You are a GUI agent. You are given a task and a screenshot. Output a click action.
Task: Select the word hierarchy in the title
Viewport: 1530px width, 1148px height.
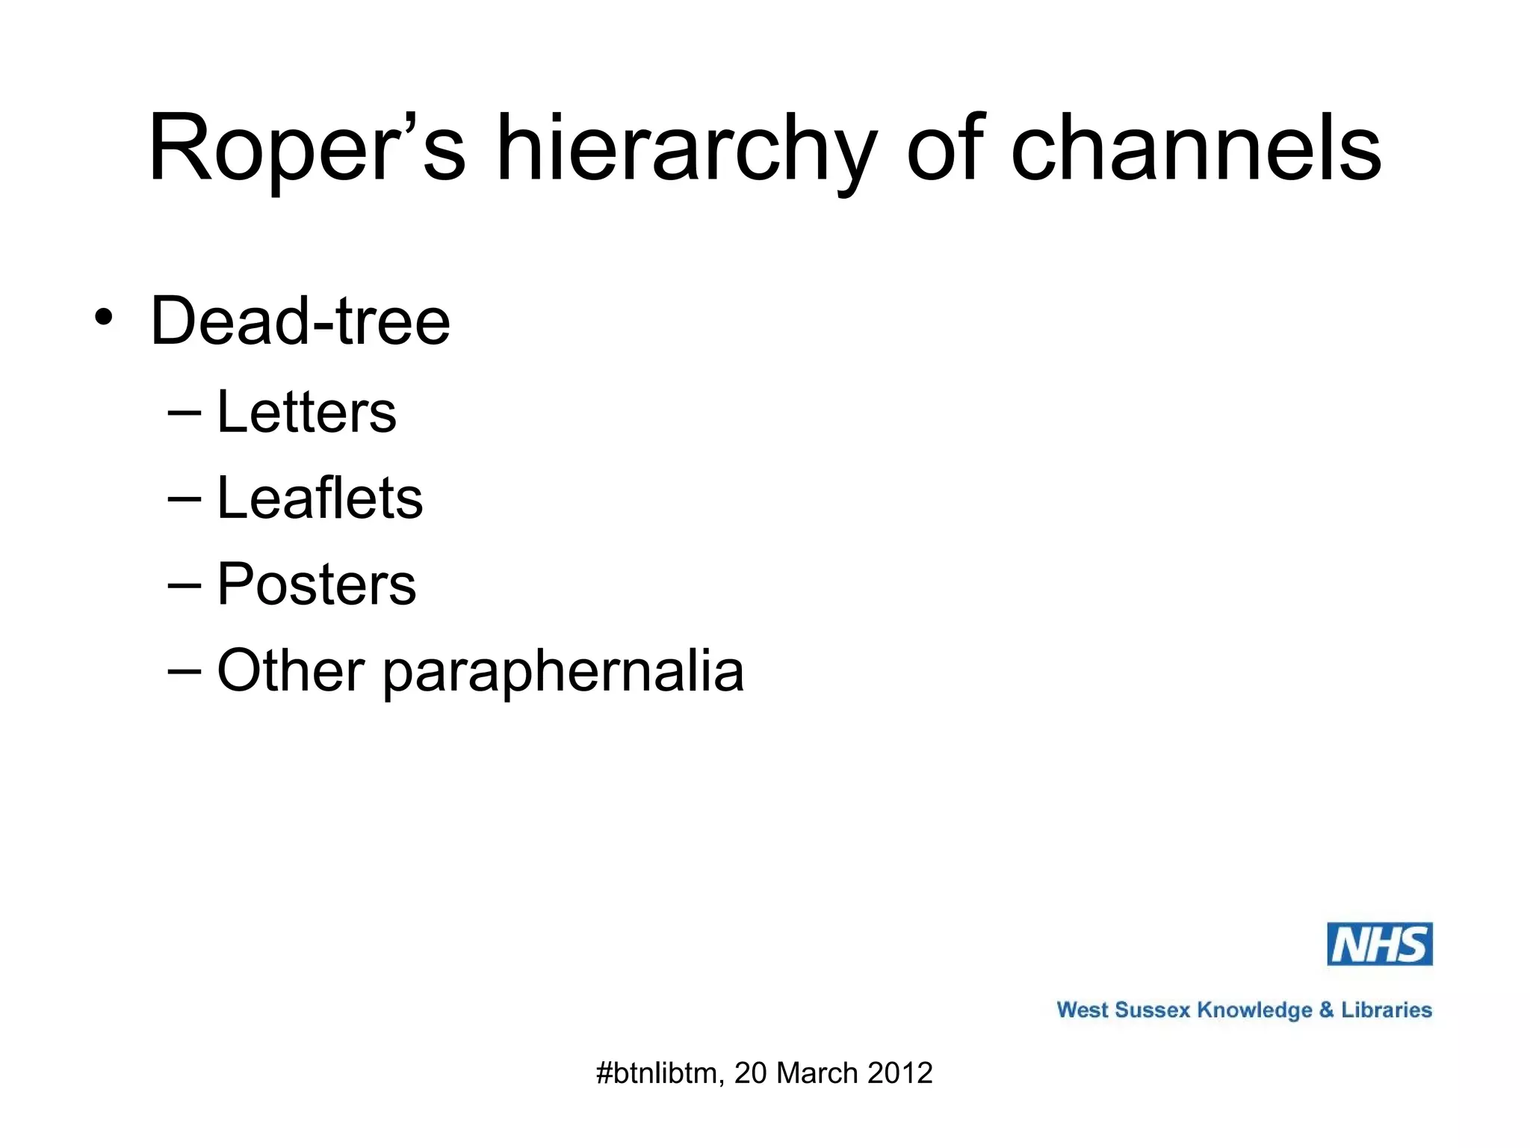pos(685,149)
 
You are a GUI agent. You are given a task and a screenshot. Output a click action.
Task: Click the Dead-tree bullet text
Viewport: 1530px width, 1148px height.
pos(300,321)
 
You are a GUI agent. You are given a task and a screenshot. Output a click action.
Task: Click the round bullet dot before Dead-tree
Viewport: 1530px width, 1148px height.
pos(104,317)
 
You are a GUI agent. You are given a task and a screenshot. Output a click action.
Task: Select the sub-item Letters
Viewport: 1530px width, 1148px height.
pos(306,412)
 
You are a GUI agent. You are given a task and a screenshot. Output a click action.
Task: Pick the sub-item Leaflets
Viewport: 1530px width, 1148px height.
pos(320,498)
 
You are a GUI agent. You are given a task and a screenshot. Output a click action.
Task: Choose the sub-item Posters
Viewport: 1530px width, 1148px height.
pos(316,584)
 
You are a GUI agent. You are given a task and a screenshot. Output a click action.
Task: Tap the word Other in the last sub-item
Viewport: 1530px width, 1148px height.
pos(291,670)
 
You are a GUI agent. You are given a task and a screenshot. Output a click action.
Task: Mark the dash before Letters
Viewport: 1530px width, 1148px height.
pos(185,412)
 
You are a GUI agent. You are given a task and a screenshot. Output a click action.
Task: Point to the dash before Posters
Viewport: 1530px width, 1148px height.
pos(185,584)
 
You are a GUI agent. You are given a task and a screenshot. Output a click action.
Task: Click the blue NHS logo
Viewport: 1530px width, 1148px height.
pos(1379,944)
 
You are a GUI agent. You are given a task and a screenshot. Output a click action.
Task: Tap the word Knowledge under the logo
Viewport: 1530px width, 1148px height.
pos(1254,1010)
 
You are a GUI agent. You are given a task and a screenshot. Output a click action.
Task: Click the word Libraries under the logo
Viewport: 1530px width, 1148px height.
pos(1386,1010)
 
